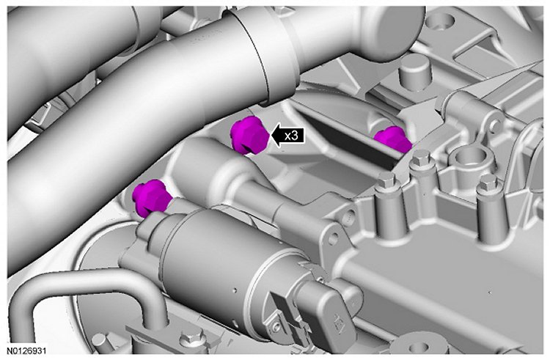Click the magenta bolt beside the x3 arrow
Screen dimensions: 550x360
(249, 136)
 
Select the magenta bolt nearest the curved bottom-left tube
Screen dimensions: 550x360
(151, 198)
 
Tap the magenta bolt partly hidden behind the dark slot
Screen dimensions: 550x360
(393, 139)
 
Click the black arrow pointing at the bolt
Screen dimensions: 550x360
(287, 136)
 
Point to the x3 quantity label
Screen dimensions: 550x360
(292, 136)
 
